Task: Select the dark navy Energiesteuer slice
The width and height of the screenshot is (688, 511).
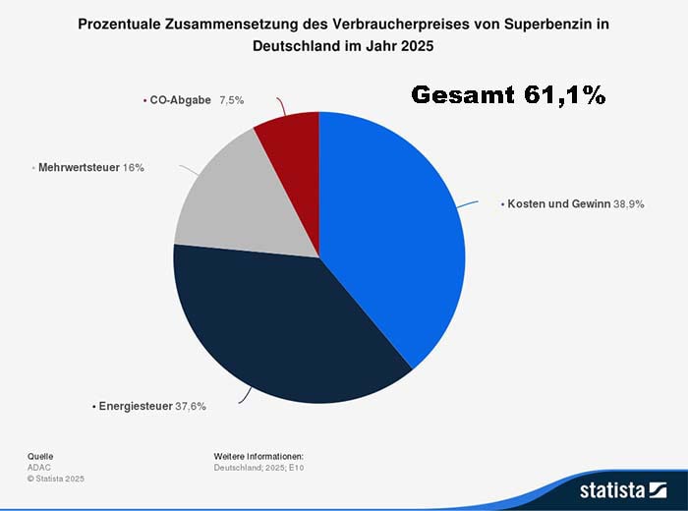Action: coord(285,324)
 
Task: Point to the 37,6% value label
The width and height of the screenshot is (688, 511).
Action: coord(190,405)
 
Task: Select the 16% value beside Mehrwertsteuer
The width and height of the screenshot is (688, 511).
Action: coord(134,168)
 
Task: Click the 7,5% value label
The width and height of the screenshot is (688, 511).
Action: coord(233,100)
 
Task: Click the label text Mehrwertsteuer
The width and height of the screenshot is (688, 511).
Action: coord(79,168)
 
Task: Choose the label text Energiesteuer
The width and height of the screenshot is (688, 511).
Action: coord(135,405)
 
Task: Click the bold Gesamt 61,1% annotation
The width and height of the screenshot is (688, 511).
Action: coord(507,95)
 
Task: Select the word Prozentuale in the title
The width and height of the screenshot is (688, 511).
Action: coord(122,25)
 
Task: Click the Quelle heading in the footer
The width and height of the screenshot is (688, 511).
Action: coord(40,457)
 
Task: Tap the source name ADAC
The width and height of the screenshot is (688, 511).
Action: coord(39,468)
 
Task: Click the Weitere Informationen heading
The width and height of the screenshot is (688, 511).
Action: coord(258,457)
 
